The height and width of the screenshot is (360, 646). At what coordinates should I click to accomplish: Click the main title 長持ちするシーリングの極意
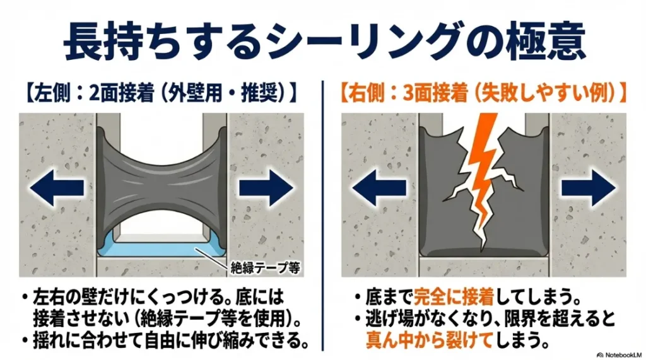[x=323, y=41]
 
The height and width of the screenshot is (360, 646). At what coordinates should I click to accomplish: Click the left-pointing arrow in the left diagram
[x=58, y=186]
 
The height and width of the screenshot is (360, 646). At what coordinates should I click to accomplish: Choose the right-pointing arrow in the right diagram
[x=588, y=186]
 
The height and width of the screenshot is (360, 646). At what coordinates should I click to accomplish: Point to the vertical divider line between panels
[x=323, y=214]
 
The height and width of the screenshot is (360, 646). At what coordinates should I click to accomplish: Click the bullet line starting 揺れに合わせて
[x=168, y=341]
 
